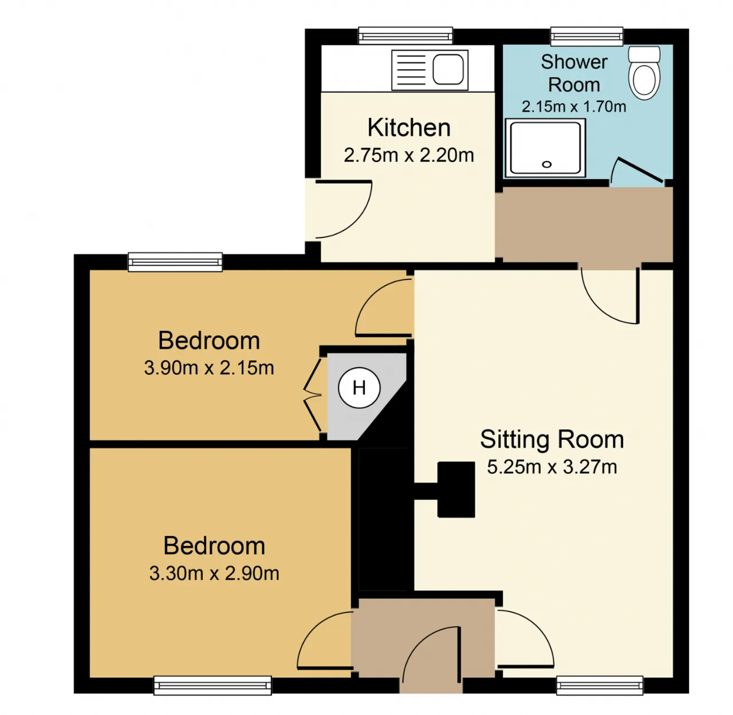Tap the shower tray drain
[546, 164]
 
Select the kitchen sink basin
[448, 69]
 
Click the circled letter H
[359, 388]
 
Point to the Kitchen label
[409, 128]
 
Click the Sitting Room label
[552, 439]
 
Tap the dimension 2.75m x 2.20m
[409, 155]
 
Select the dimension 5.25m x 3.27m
[552, 467]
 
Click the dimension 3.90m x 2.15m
[208, 368]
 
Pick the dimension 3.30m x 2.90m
[214, 574]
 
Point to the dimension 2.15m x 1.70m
[574, 107]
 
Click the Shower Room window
[586, 37]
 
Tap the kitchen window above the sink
[405, 36]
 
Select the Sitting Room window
[600, 685]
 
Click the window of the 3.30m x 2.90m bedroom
[212, 685]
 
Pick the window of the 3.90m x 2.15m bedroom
[175, 262]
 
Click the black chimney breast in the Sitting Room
[444, 490]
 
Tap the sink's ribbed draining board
[412, 70]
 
